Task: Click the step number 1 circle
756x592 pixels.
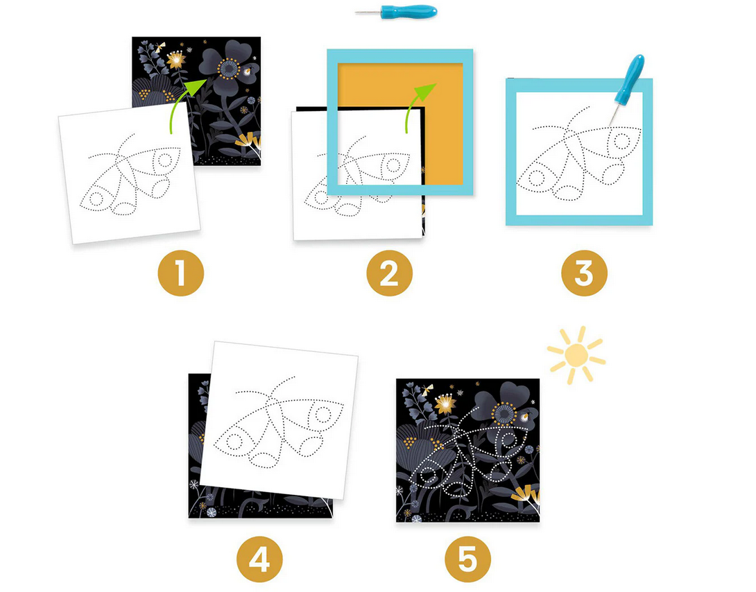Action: tap(181, 273)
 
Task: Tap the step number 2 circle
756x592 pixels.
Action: tap(389, 273)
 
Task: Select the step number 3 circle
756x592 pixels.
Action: tap(584, 273)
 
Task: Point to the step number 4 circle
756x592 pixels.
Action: tap(259, 559)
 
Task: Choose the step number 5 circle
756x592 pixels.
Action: tap(467, 559)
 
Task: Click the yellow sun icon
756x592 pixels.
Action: tap(576, 355)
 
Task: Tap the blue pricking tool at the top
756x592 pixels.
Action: tap(396, 12)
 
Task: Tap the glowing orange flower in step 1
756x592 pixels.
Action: tap(176, 60)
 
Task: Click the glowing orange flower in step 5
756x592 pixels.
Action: tap(445, 403)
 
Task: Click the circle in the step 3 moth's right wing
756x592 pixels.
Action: tap(622, 142)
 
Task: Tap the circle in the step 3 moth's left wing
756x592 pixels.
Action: tap(536, 178)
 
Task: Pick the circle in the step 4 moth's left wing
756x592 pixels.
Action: tap(233, 441)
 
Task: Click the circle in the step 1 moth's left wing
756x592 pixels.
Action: tap(96, 198)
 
